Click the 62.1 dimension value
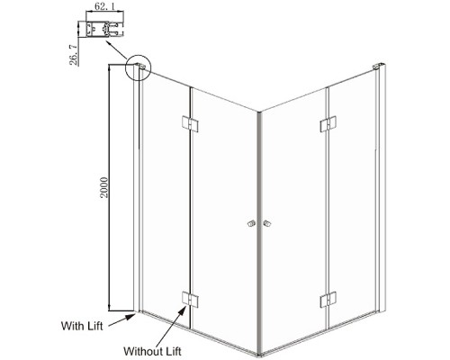pos(104,6)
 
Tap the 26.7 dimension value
pos(73,54)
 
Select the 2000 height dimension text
pos(103,187)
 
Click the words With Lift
pos(82,326)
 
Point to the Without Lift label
pos(152,351)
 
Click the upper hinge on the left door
pos(190,123)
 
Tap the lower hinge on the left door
pos(190,300)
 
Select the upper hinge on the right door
pos(328,124)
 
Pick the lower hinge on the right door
pos(328,301)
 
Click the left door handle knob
pos(251,223)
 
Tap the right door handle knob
pos(266,223)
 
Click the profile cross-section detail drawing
pos(104,29)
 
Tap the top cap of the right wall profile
pos(379,67)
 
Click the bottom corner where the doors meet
pos(259,355)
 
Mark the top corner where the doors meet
pos(259,112)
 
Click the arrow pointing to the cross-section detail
pos(117,50)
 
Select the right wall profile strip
pos(381,190)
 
